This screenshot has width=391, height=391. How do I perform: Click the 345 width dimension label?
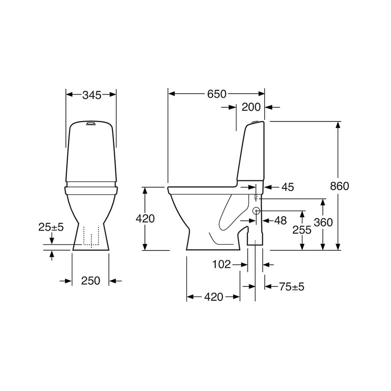(92, 95)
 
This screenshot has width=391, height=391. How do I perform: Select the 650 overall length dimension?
(217, 94)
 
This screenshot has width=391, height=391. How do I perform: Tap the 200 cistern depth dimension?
(251, 107)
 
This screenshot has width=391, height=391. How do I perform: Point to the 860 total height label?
(339, 186)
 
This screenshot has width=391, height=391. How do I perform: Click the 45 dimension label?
(288, 187)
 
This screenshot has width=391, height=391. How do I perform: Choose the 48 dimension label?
(280, 221)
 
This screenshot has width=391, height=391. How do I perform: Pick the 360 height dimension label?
(323, 222)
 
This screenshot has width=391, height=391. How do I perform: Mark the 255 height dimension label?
(302, 230)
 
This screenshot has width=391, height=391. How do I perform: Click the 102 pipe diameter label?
(221, 264)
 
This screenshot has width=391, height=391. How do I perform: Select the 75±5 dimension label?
(292, 287)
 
